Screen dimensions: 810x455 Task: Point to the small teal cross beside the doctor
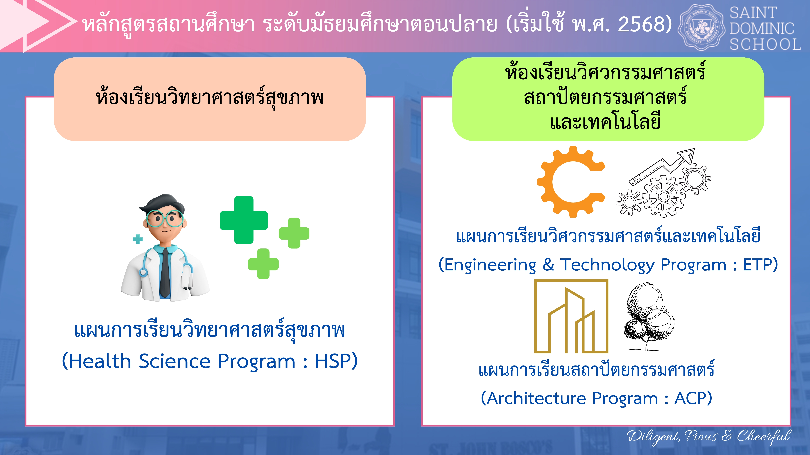tap(138, 239)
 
